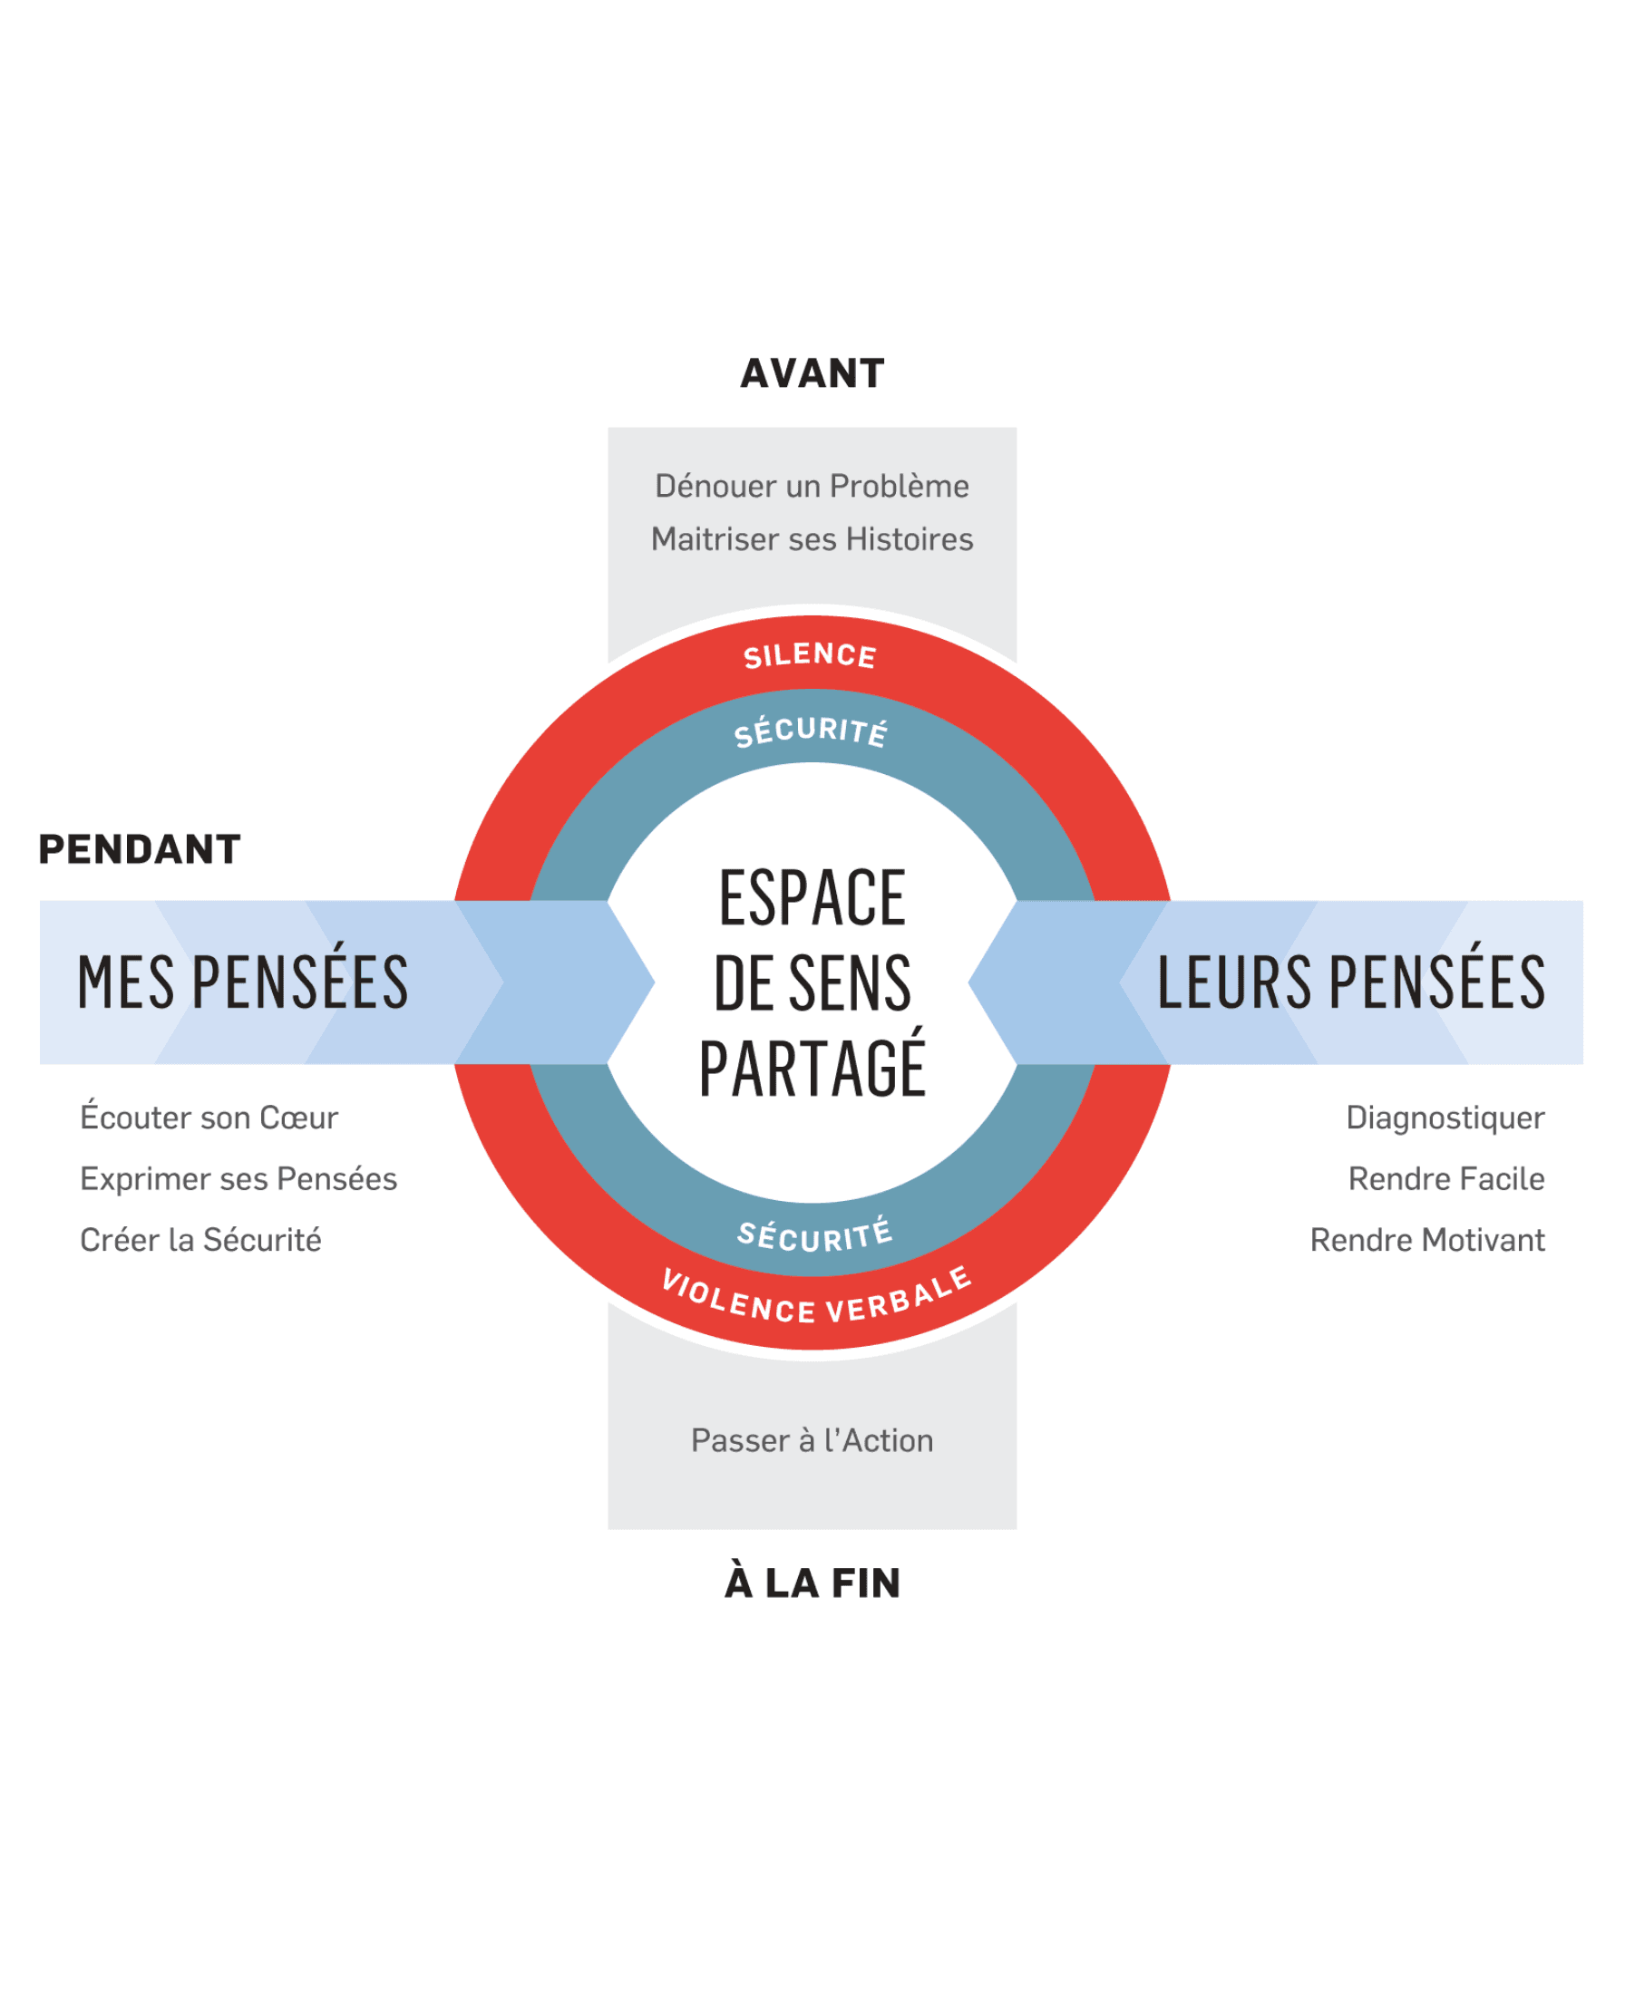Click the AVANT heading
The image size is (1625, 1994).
(812, 373)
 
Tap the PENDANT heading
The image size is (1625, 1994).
(140, 849)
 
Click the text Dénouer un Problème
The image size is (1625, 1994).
(812, 487)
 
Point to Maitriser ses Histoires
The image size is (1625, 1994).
(812, 540)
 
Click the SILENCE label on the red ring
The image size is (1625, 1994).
(811, 656)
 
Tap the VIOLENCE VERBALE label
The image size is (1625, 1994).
(816, 1298)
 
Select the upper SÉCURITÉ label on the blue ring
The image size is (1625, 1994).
(811, 731)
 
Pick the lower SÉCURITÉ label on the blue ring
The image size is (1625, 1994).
(814, 1236)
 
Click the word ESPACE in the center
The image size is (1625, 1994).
(812, 898)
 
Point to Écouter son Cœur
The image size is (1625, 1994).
(209, 1117)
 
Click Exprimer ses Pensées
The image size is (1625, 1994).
(238, 1179)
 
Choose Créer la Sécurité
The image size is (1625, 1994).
(200, 1240)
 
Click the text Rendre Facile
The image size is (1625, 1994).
(1446, 1179)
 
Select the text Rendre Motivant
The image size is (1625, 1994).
(1427, 1240)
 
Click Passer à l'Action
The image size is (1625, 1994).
(812, 1441)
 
